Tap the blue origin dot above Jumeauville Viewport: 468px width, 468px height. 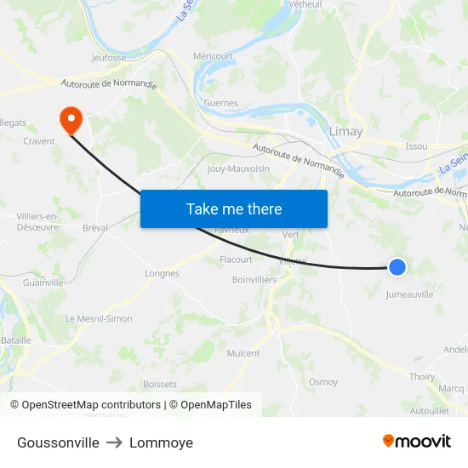point(397,267)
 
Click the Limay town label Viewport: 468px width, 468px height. point(345,131)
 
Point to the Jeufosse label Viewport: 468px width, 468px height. point(109,58)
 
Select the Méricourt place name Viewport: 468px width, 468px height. point(213,56)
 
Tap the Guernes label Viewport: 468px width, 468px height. point(220,103)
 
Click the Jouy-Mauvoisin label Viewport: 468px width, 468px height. point(238,168)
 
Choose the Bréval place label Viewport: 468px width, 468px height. point(95,228)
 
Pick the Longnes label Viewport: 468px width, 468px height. point(162,274)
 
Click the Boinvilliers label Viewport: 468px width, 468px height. point(254,279)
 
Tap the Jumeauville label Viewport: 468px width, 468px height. point(409,294)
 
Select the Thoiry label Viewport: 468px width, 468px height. point(422,377)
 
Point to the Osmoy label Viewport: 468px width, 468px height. point(323,382)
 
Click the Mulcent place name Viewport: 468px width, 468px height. point(243,353)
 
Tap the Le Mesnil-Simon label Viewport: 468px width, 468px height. point(99,318)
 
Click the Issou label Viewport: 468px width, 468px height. point(416,146)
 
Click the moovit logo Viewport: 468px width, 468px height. point(416,442)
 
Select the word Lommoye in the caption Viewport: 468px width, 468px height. point(161,442)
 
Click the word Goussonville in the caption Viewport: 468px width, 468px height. point(58,442)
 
